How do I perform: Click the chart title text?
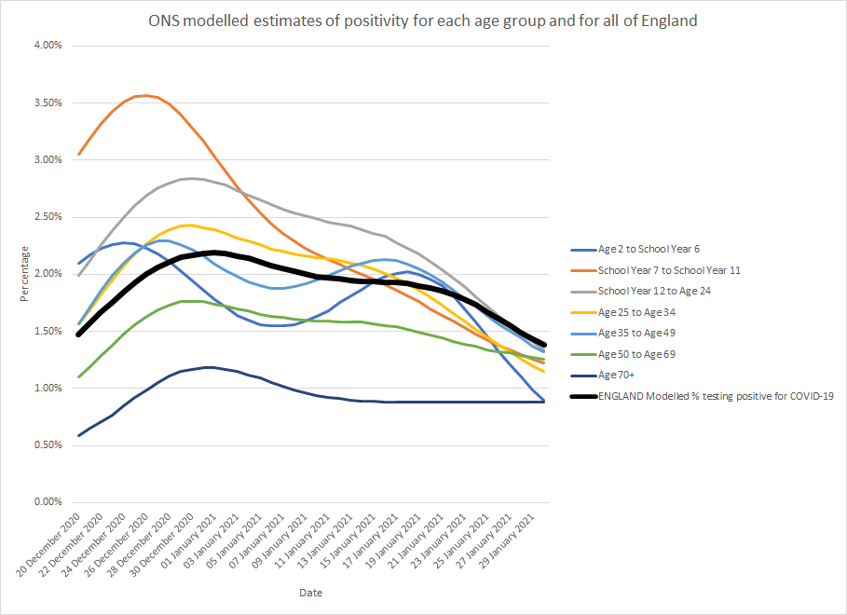click(x=423, y=20)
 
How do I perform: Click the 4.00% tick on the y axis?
click(x=42, y=46)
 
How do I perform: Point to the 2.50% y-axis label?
click(x=42, y=217)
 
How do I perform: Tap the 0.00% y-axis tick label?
click(x=42, y=502)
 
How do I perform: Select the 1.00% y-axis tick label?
click(x=42, y=389)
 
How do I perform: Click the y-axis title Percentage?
click(x=25, y=274)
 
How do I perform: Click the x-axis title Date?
click(x=311, y=593)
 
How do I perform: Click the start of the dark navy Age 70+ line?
click(x=79, y=435)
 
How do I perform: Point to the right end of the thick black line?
click(x=544, y=346)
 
